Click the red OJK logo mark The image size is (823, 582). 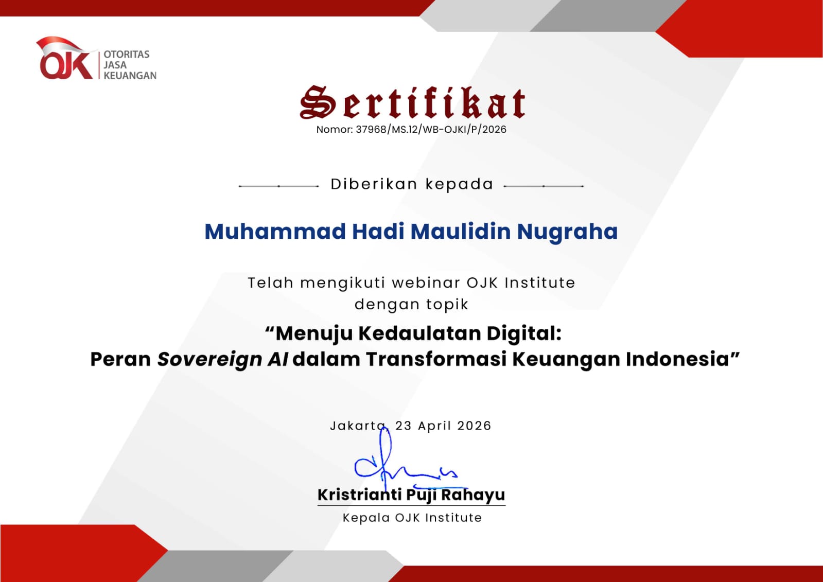coord(65,59)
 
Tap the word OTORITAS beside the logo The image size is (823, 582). coord(127,55)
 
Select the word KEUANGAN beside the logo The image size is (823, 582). coord(130,76)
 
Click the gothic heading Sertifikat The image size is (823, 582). coord(412,102)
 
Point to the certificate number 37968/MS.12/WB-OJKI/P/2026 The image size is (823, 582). coord(431,129)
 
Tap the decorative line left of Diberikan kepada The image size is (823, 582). coord(278,186)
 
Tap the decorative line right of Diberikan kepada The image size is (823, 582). coord(544,186)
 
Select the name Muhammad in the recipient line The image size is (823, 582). coord(275,232)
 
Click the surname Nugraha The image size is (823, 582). coord(567,232)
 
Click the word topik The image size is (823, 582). coord(447,305)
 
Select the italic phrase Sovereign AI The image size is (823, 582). coord(223,359)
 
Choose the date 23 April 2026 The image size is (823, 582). coord(443,426)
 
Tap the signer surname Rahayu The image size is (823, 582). coord(473,495)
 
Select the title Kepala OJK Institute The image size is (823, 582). coord(412,518)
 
